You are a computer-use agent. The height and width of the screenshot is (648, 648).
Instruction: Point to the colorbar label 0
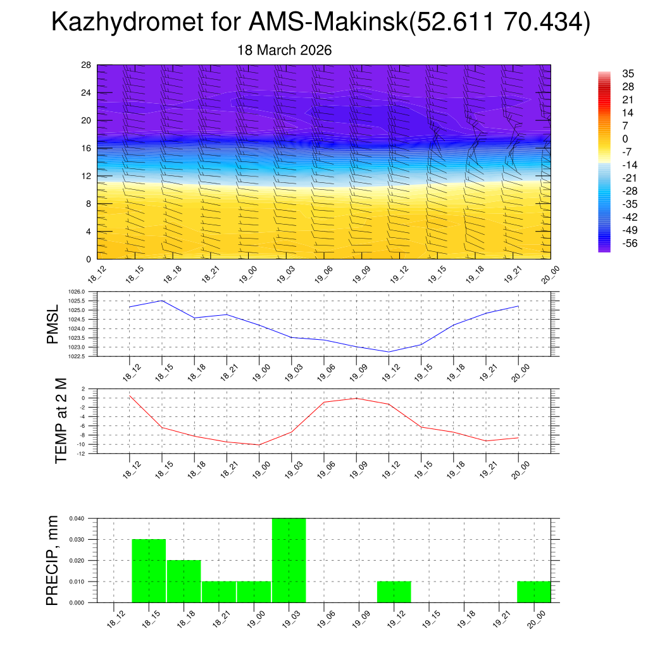(625, 139)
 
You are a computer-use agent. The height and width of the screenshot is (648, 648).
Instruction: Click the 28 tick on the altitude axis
(87, 65)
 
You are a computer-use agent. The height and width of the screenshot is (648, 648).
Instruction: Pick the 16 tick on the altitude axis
(87, 148)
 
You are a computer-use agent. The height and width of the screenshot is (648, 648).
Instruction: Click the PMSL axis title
(54, 323)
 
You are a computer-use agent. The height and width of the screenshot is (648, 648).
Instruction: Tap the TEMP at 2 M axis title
(61, 420)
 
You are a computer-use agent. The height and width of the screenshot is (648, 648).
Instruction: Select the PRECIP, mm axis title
(53, 560)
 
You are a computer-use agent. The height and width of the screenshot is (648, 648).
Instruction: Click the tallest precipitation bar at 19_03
(289, 560)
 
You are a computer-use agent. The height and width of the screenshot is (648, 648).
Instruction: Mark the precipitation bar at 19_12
(394, 592)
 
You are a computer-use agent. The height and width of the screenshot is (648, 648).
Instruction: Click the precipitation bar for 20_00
(533, 592)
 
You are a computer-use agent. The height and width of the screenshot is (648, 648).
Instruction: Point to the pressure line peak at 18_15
(162, 301)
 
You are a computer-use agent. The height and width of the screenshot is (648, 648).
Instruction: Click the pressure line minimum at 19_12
(389, 352)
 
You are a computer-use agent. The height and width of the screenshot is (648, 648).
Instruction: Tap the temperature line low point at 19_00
(259, 445)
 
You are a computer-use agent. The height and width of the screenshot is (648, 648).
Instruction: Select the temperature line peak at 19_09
(356, 398)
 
